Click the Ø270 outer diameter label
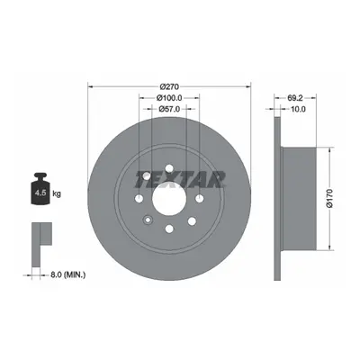click(169, 87)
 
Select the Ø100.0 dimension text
click(169, 98)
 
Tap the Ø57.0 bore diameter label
click(169, 109)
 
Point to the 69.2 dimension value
click(295, 98)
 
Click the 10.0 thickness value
click(298, 109)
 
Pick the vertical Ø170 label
click(329, 198)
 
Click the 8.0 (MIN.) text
click(67, 274)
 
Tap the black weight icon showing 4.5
click(40, 189)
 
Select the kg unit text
click(57, 193)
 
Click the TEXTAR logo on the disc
click(179, 179)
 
